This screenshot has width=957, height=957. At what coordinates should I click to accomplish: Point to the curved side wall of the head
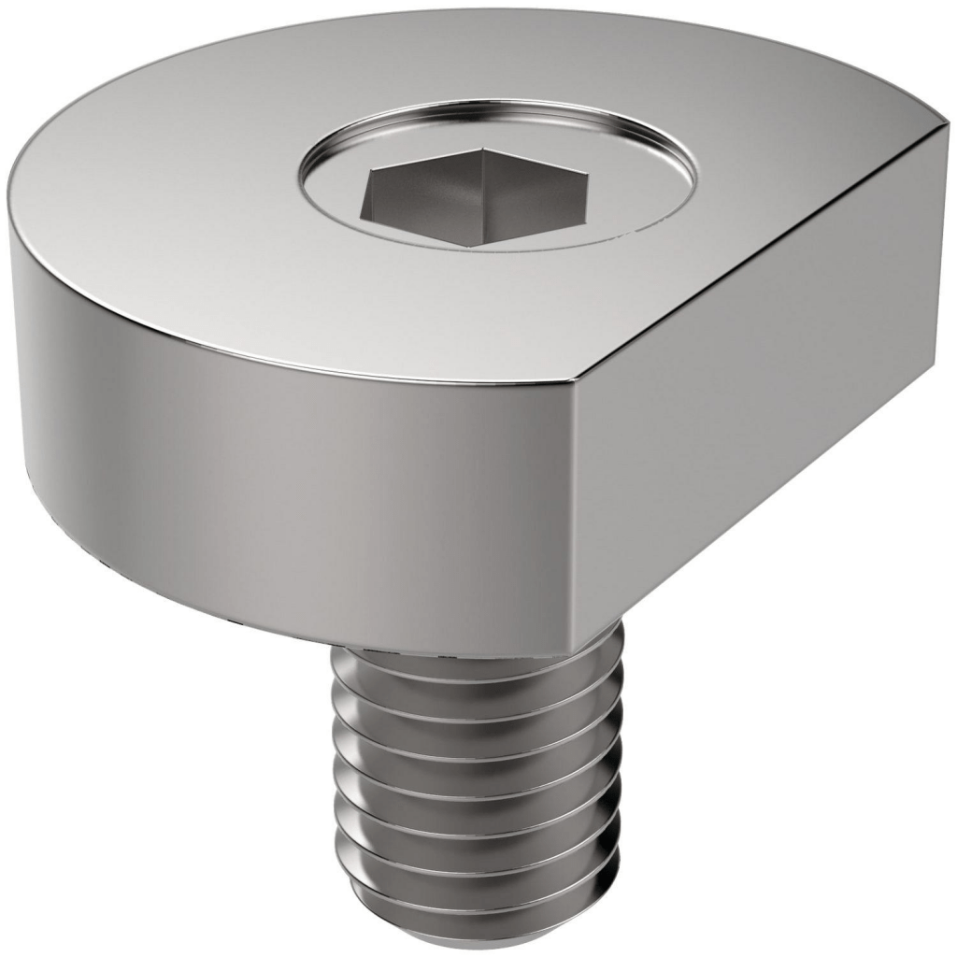point(280,449)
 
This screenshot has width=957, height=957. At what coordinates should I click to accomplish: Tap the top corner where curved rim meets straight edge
point(573,383)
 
